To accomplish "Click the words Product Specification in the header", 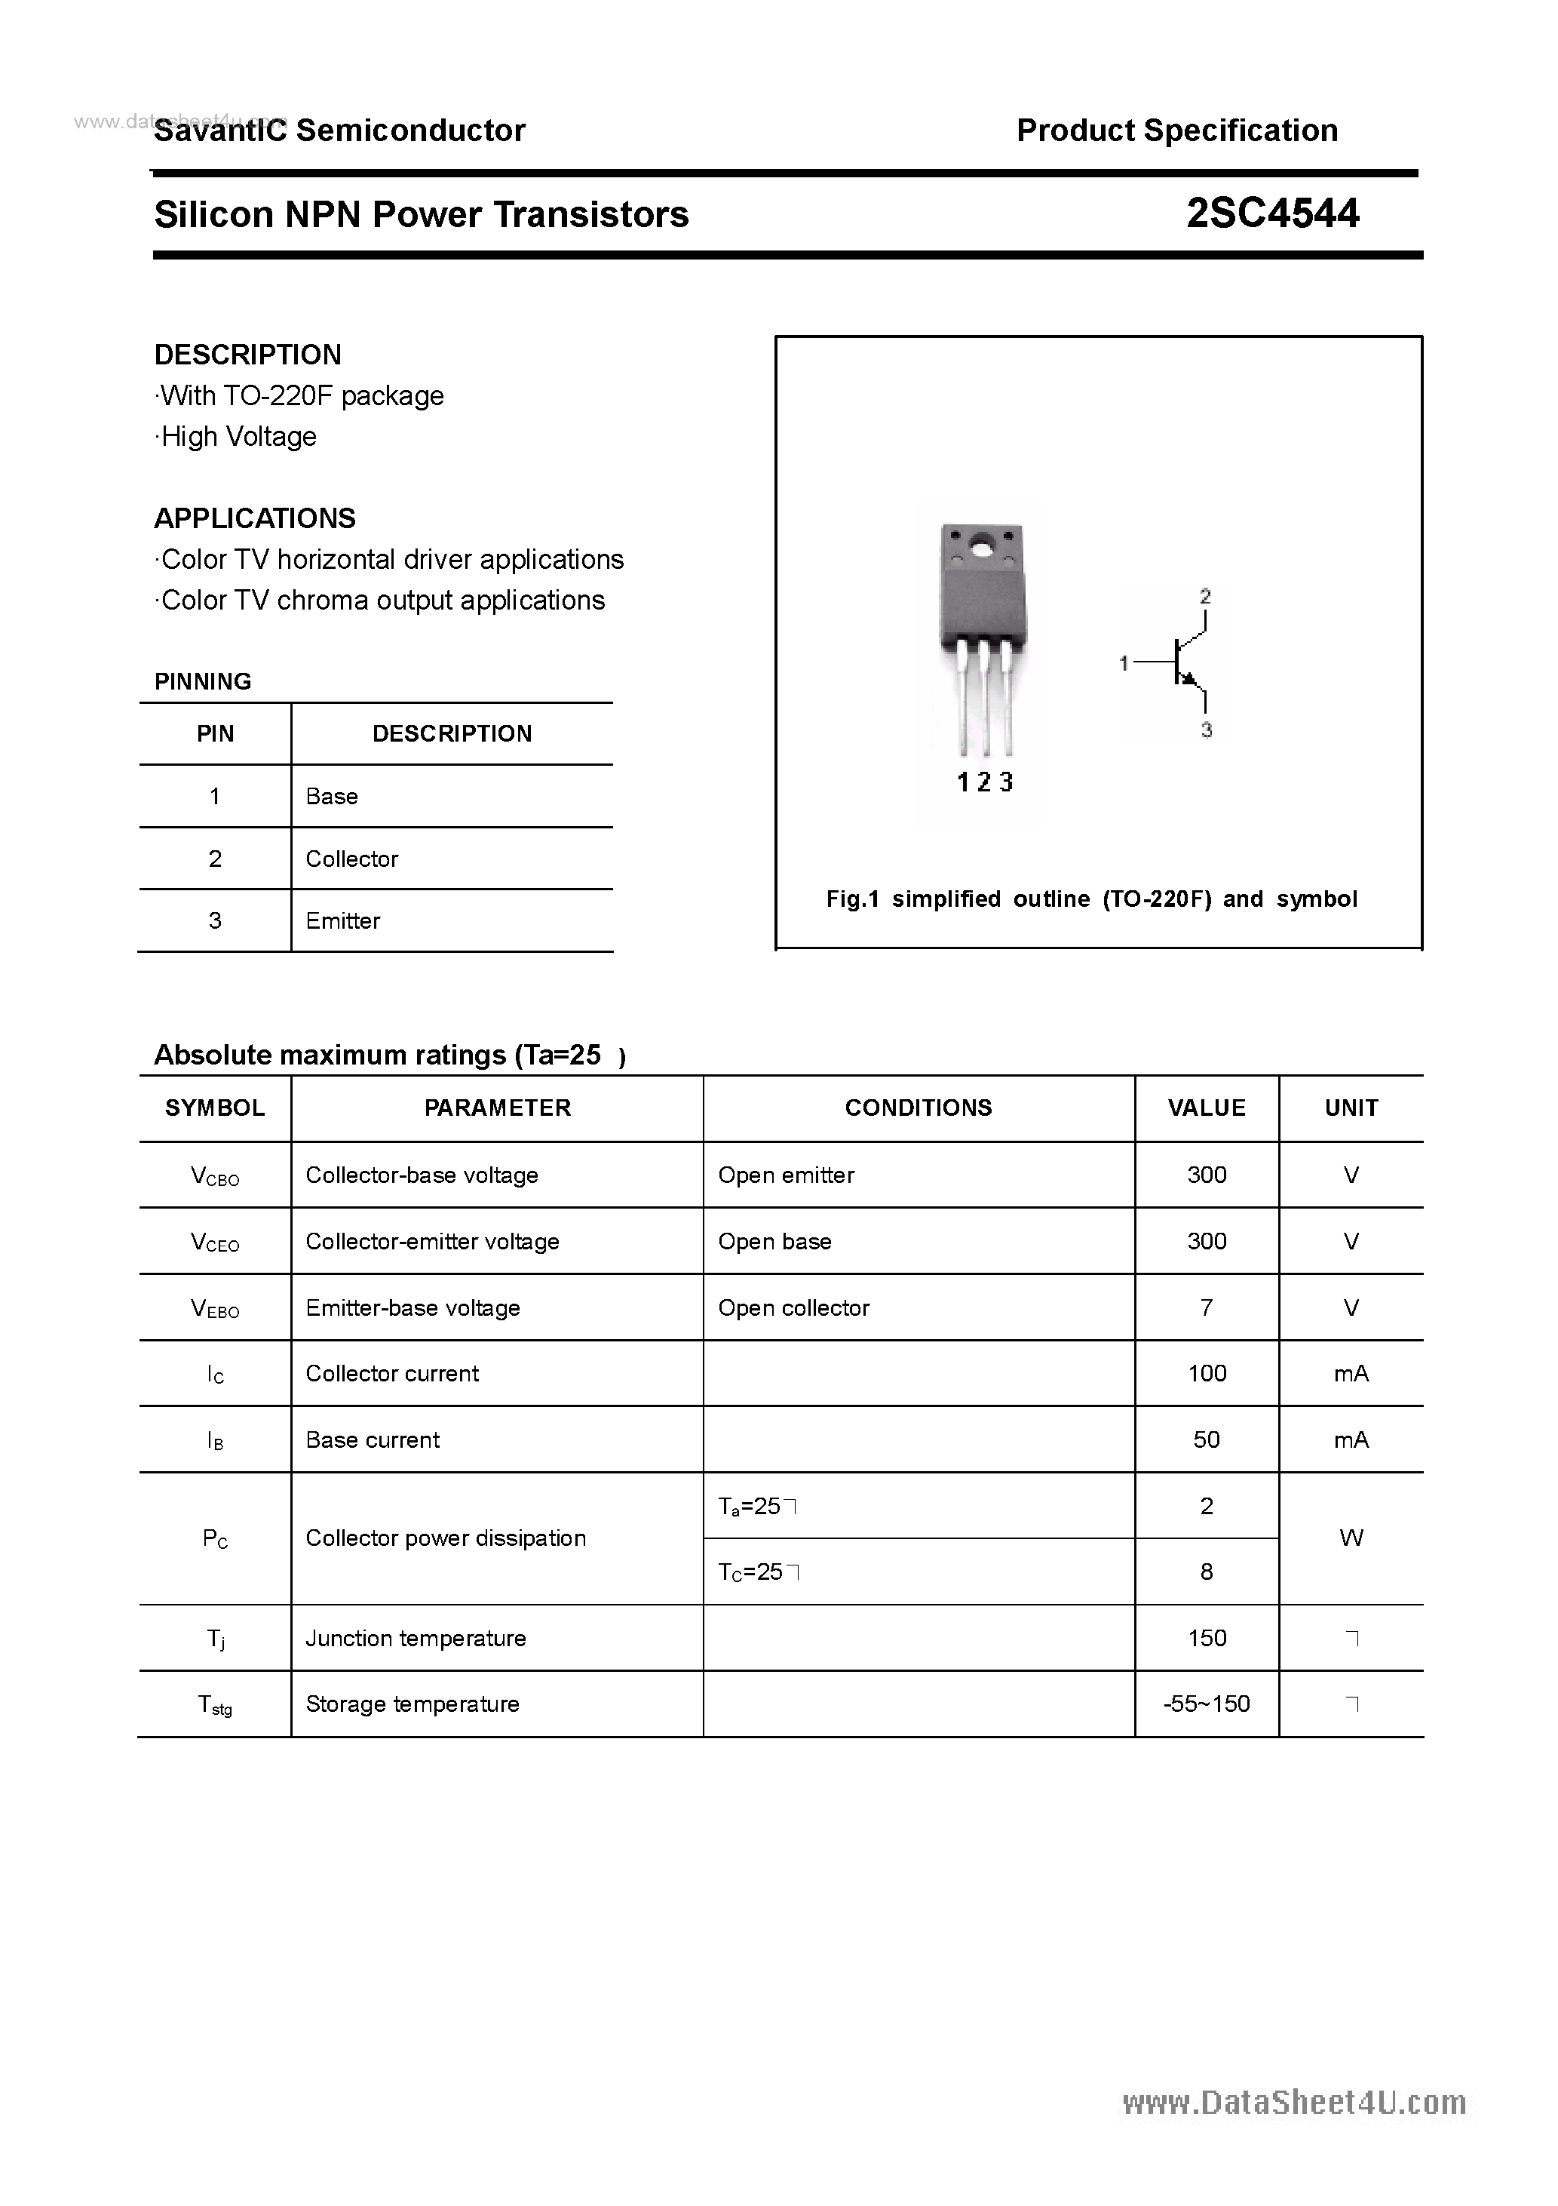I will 1176,130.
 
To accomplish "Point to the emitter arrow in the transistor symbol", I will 1189,679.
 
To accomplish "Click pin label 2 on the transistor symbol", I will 1206,597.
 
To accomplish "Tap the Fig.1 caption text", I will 1091,899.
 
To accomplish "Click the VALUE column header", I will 1207,1108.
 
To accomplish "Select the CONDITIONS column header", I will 919,1108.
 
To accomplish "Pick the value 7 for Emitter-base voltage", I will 1207,1307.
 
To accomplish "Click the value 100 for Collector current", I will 1207,1373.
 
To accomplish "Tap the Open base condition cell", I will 774,1241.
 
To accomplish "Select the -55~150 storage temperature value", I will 1207,1704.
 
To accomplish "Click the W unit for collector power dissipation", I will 1351,1538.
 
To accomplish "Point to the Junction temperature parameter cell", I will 415,1638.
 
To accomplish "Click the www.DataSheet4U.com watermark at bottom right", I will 1294,2103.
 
